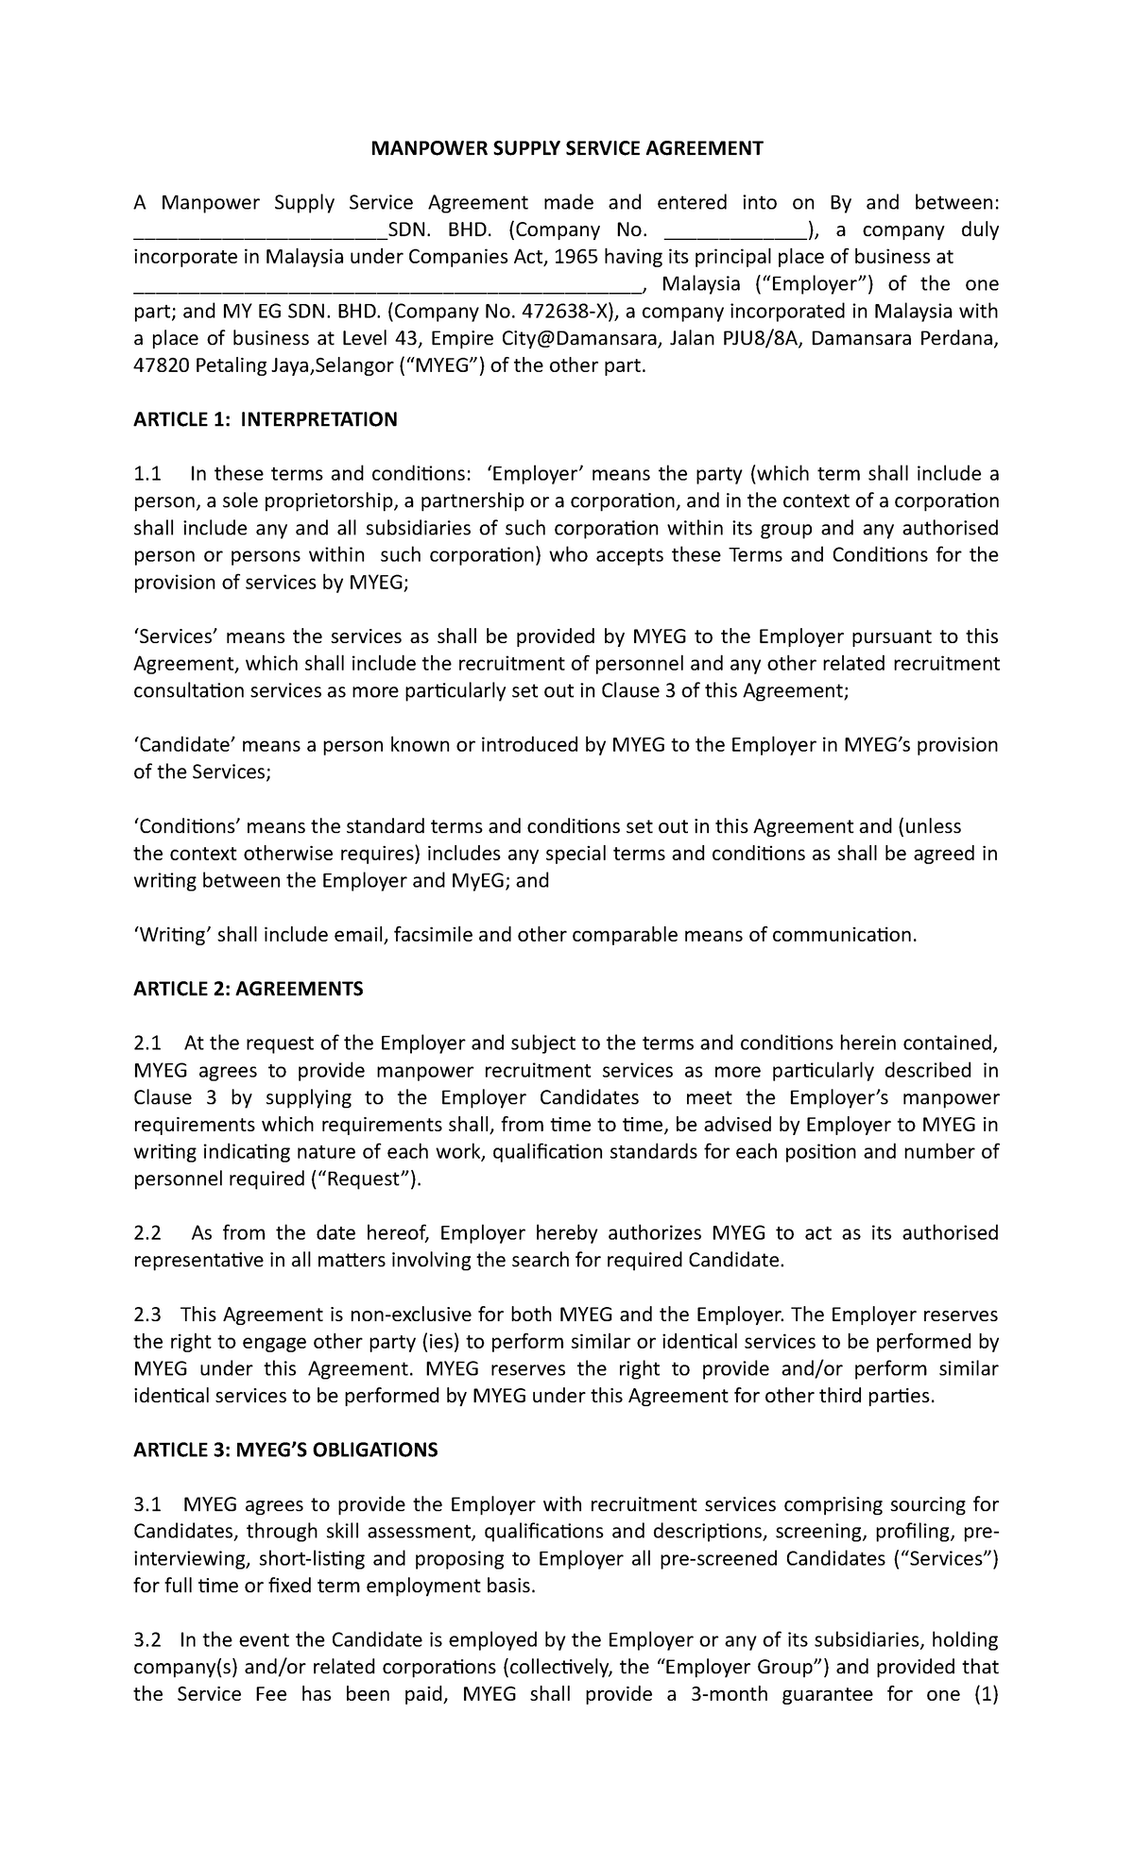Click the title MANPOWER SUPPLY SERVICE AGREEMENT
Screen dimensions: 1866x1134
[565, 148]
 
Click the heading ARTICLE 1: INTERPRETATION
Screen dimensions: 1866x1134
[266, 419]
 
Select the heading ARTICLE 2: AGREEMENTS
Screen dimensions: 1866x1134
[248, 989]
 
